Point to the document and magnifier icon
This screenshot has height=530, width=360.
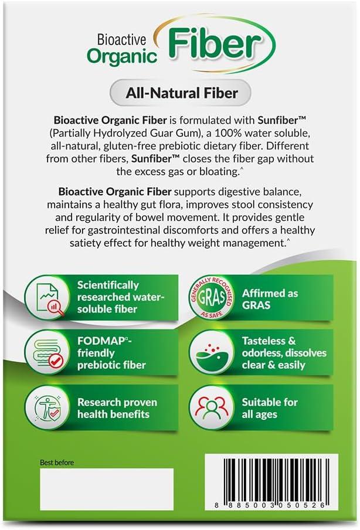(x=47, y=297)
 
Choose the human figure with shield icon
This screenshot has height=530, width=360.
(x=47, y=407)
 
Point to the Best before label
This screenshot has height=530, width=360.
(x=57, y=462)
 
